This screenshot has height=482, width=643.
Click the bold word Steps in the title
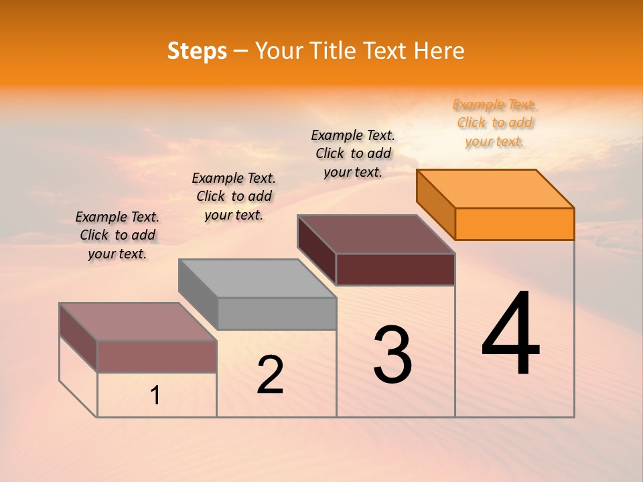pyautogui.click(x=197, y=51)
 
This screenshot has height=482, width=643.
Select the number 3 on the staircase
pyautogui.click(x=392, y=355)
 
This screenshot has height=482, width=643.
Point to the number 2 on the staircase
pyautogui.click(x=270, y=375)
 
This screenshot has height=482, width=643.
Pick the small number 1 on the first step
pyautogui.click(x=155, y=396)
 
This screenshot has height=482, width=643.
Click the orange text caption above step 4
pyautogui.click(x=494, y=123)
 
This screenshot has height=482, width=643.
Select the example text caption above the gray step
pyautogui.click(x=234, y=196)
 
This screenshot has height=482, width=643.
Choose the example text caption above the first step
pyautogui.click(x=117, y=235)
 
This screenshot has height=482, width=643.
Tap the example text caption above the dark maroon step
pyautogui.click(x=353, y=153)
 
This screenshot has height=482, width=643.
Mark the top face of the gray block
pyautogui.click(x=257, y=278)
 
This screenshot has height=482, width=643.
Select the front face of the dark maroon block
pyautogui.click(x=395, y=270)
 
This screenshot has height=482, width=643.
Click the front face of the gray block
pyautogui.click(x=277, y=313)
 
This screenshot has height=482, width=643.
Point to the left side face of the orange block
pyautogui.click(x=435, y=204)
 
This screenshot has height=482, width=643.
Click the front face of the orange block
pyautogui.click(x=514, y=224)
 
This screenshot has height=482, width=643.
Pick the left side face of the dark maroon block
pyautogui.click(x=316, y=248)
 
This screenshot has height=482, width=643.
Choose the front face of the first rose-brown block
pyautogui.click(x=157, y=357)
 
